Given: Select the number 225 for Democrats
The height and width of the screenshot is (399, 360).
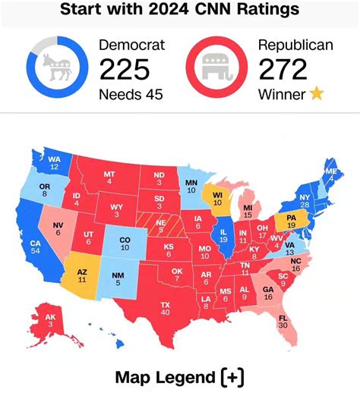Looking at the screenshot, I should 125,71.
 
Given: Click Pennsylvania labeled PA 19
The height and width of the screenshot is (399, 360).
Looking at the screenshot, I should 289,221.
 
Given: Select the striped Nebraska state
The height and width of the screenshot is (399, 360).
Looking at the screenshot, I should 160,225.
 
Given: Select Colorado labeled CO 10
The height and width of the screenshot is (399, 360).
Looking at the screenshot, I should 125,243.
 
